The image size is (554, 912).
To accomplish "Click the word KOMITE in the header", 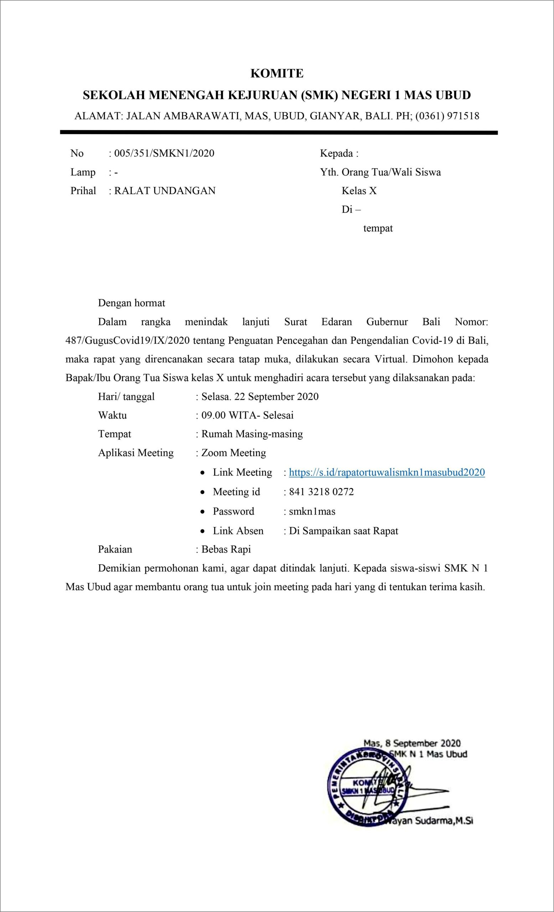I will (x=277, y=74).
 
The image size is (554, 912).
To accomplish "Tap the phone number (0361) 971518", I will (x=447, y=116).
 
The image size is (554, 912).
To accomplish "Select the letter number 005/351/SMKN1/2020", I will (x=164, y=153).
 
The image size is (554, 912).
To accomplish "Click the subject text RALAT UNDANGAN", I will (x=165, y=191).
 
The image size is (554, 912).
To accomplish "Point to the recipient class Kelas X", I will (x=359, y=191).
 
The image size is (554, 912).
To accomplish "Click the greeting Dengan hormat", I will (x=131, y=303).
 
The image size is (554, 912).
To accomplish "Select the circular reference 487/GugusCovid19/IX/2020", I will (x=128, y=341).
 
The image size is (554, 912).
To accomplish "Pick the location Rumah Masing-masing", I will (x=252, y=434).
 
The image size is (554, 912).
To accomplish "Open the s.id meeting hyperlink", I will (x=387, y=473).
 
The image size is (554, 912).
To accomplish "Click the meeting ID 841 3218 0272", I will (x=321, y=492).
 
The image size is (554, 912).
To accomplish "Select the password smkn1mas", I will (x=312, y=512).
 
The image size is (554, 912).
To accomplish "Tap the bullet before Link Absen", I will (x=202, y=531).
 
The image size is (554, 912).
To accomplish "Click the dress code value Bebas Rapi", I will (x=226, y=549).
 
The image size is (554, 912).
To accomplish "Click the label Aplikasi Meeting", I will (x=135, y=453).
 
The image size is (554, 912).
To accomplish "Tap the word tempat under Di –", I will (x=378, y=228).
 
